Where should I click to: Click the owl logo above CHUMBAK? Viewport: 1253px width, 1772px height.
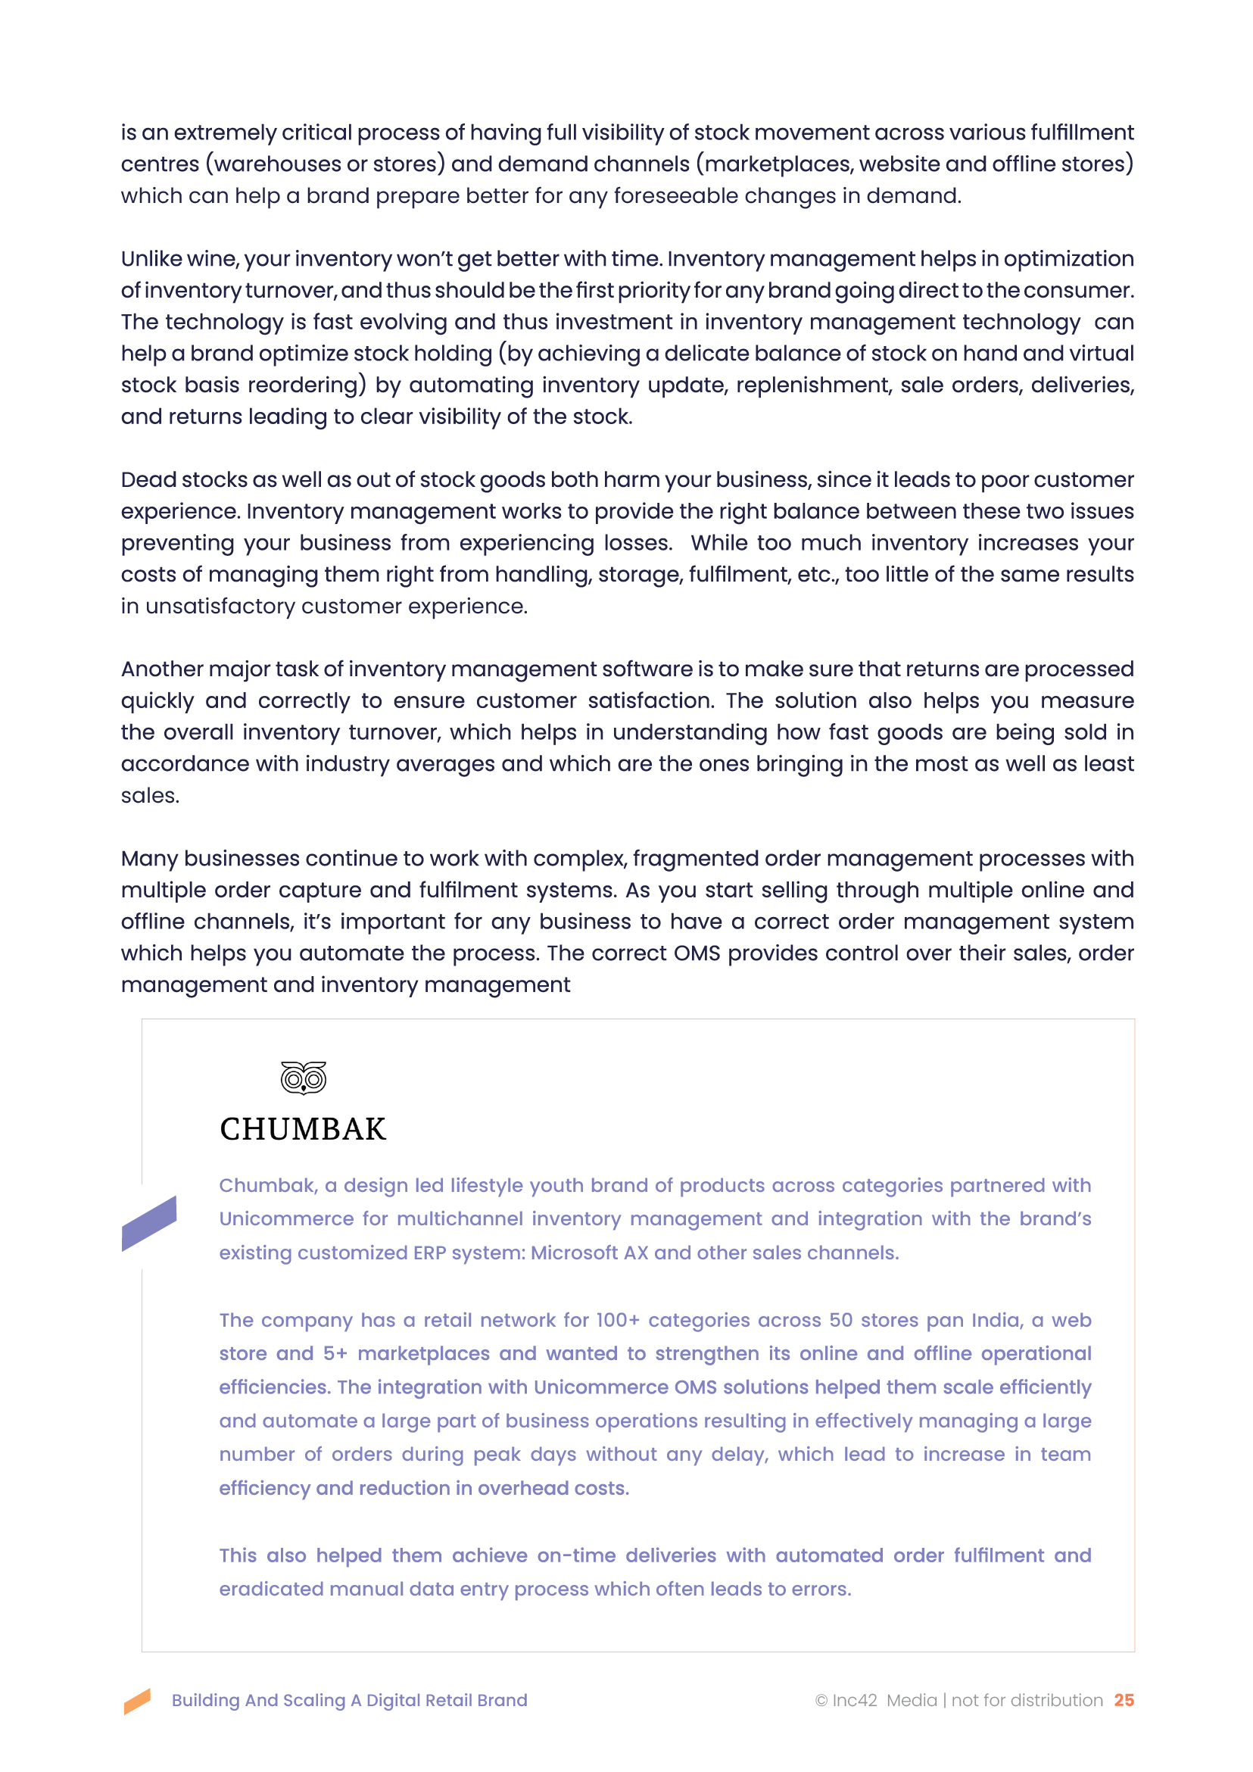pos(304,1078)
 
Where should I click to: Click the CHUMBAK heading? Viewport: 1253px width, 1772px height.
pos(302,1129)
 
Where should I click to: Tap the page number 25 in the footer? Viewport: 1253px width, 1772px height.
pos(1124,1700)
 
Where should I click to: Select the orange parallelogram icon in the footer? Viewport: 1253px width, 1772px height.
pos(137,1701)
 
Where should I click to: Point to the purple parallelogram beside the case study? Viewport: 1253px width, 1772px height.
pos(149,1223)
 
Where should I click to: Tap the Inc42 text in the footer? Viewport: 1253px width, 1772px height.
pos(855,1700)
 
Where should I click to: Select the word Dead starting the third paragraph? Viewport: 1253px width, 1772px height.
pos(145,479)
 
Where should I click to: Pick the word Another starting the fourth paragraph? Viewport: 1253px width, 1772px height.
pos(161,669)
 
